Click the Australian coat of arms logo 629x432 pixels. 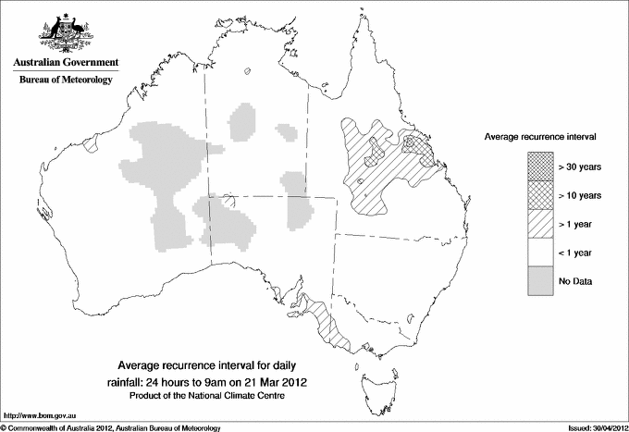coord(65,33)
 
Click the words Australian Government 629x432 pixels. coord(65,63)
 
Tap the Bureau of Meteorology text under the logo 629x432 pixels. coord(65,80)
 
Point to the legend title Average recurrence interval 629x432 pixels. coord(540,136)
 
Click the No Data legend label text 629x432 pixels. coord(575,280)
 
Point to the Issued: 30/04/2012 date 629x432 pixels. coord(591,426)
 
